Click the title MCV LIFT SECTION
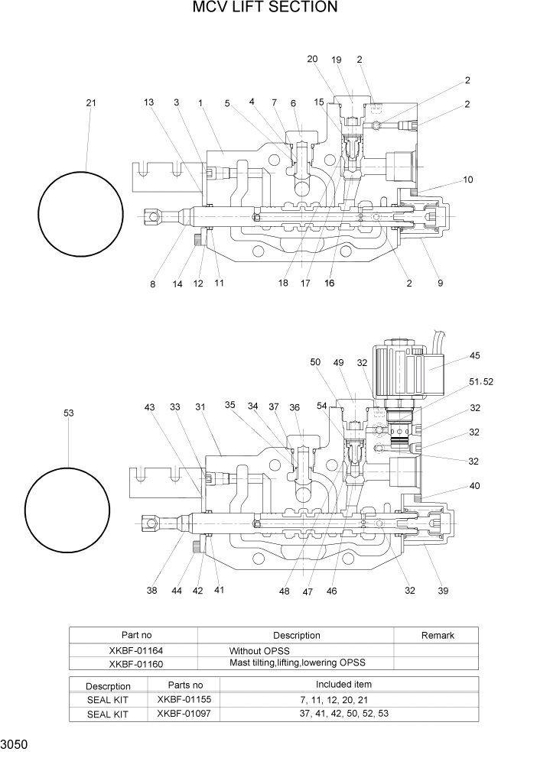tap(265, 8)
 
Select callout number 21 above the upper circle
tap(91, 103)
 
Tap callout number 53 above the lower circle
tap(69, 413)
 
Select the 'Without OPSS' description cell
tap(259, 651)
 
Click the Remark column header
tap(438, 635)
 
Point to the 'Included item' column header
tap(343, 684)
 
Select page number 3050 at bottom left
tap(16, 743)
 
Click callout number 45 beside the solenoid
tap(474, 355)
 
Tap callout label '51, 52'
tap(480, 381)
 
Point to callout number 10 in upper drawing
tap(468, 180)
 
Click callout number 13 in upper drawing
tap(148, 102)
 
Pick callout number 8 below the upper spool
tap(152, 284)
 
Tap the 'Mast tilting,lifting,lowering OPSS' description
tap(297, 663)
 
